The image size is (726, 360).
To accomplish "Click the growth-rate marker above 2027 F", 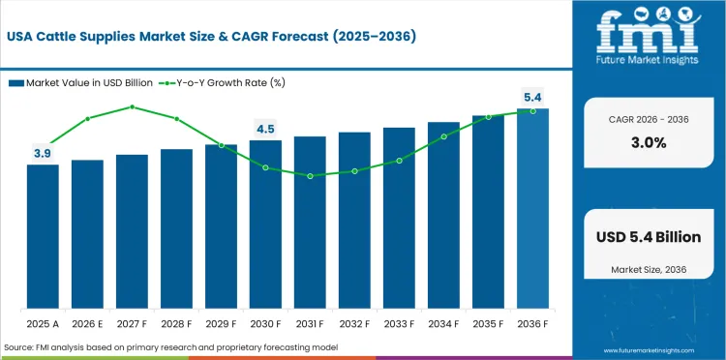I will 132,106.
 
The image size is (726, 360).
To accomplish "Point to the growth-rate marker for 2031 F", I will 310,176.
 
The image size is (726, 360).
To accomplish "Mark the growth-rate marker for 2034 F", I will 443,136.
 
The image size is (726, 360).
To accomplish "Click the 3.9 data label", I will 43,153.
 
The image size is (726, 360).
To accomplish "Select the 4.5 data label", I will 265,129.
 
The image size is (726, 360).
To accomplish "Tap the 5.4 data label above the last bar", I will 532,97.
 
